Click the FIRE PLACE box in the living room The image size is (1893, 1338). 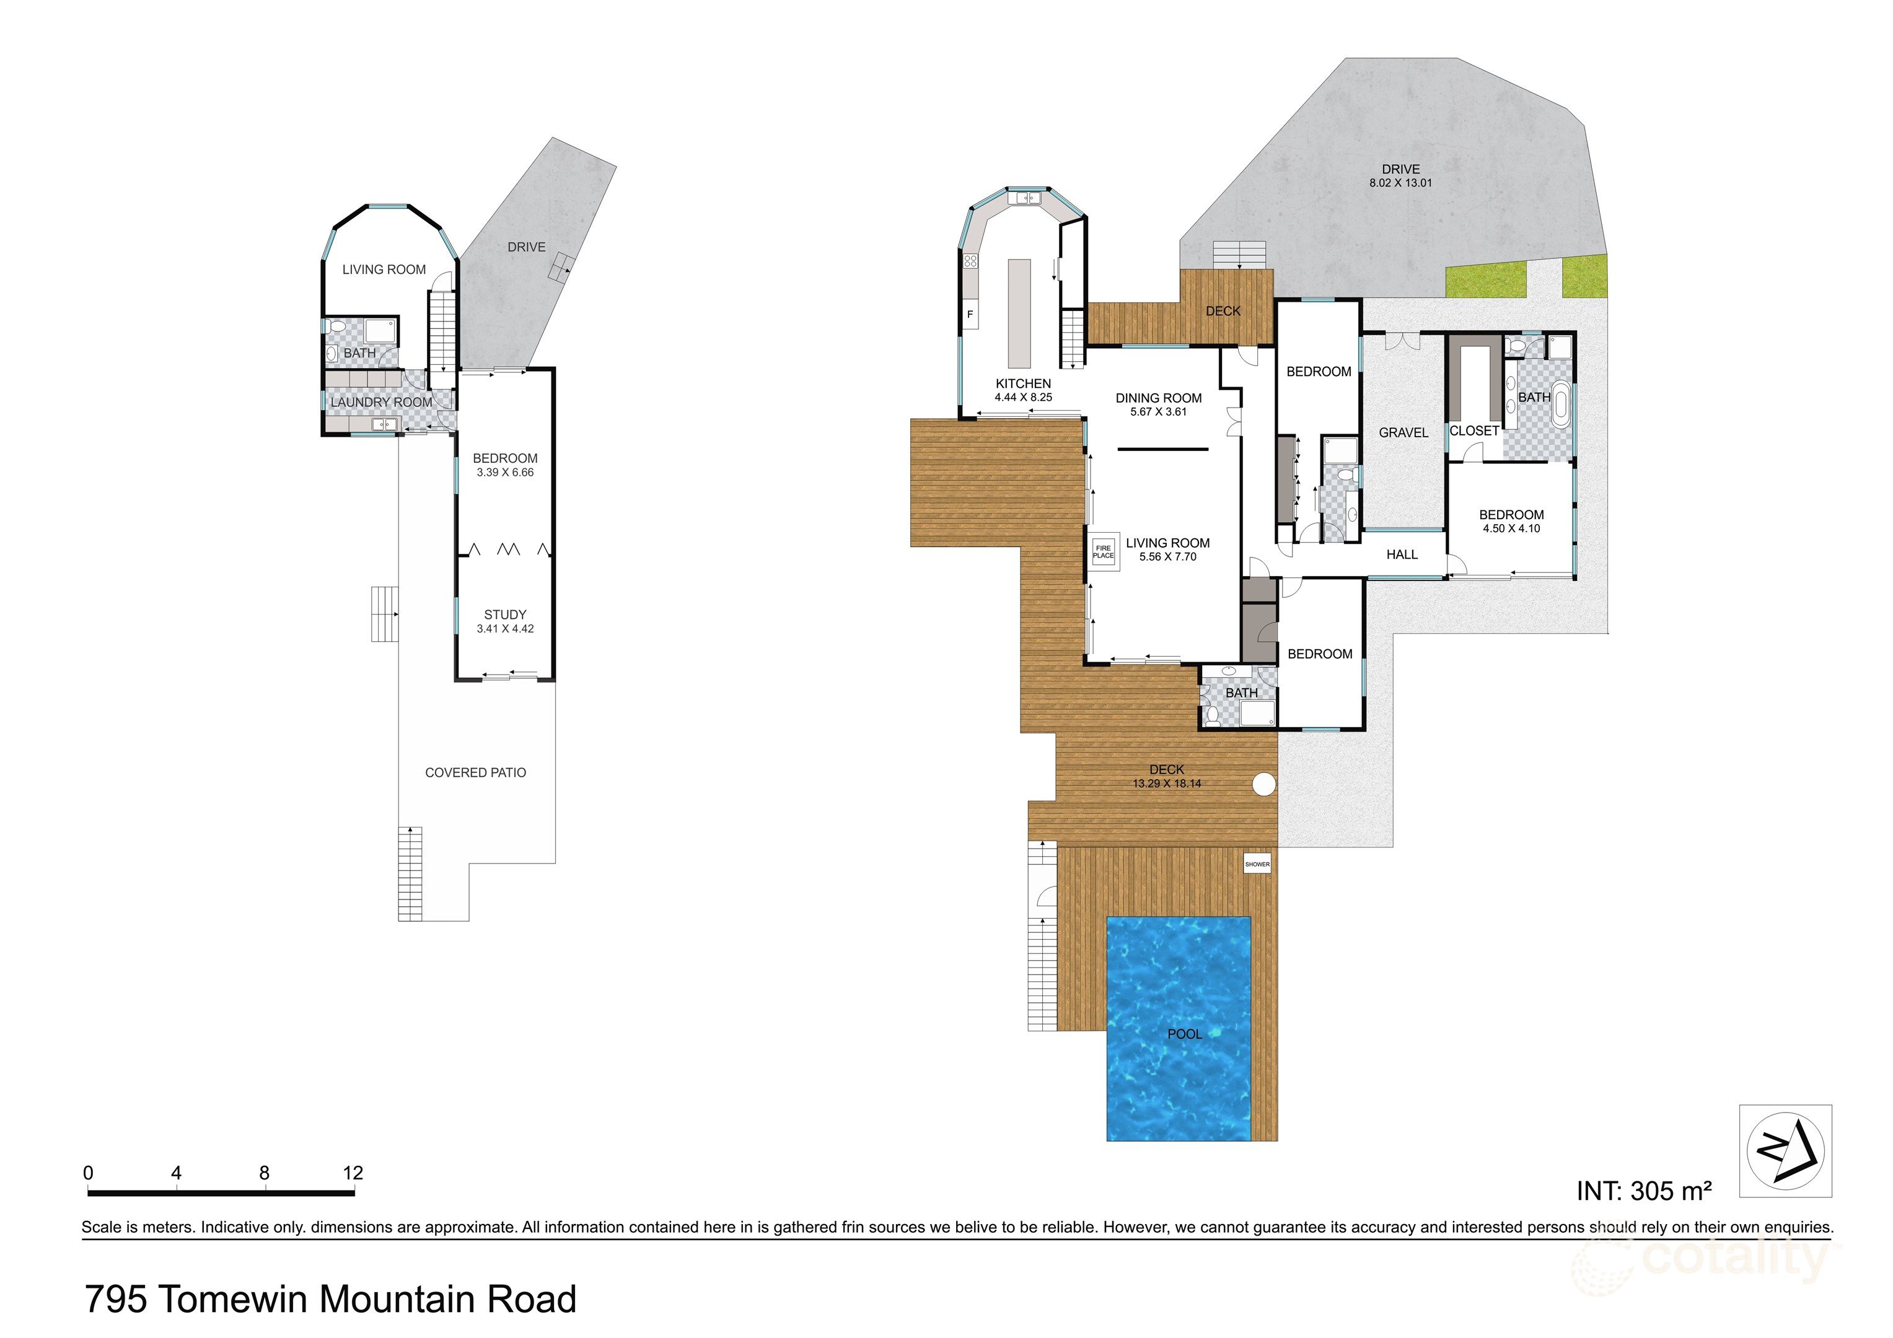(1103, 551)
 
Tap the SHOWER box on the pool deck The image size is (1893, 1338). (1257, 864)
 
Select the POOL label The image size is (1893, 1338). (1184, 1034)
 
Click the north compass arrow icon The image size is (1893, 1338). (1786, 1151)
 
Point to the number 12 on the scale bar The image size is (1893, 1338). (352, 1172)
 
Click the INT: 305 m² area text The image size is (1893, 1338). (1644, 1191)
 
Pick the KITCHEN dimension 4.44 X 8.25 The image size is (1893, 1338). (1023, 397)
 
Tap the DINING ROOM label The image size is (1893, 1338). (1158, 398)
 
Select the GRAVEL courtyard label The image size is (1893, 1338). (1403, 433)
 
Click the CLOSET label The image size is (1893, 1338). (1474, 431)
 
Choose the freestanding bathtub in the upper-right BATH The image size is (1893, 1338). (1561, 404)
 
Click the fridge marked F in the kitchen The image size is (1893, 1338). (970, 315)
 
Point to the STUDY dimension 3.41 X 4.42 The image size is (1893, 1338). (504, 629)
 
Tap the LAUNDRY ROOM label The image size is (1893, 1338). (381, 402)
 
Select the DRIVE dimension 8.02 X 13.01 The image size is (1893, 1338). (1401, 183)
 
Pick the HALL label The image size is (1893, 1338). (1402, 555)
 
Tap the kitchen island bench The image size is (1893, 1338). (1019, 313)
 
